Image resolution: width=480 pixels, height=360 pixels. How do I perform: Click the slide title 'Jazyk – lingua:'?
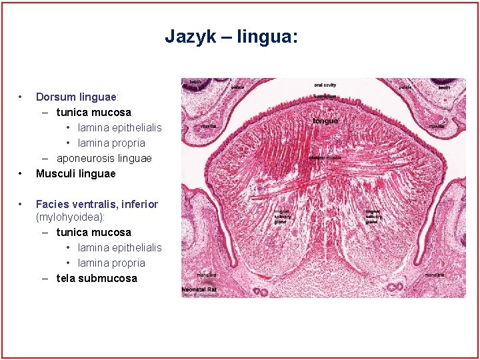tap(231, 36)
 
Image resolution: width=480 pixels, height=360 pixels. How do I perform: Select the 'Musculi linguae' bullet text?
tap(75, 173)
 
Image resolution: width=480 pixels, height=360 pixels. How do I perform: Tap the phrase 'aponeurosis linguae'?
tap(104, 158)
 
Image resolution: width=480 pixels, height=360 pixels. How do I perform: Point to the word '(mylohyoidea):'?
tap(70, 217)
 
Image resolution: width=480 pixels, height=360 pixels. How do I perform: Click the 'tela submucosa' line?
tap(97, 278)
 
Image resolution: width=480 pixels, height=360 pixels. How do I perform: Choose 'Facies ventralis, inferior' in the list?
tap(97, 204)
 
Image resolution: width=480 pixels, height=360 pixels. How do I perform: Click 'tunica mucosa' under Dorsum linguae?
tap(93, 112)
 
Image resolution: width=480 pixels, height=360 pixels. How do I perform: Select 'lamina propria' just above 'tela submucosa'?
tap(111, 263)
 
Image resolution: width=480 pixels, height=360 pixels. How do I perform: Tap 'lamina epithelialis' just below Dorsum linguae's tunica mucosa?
tap(119, 127)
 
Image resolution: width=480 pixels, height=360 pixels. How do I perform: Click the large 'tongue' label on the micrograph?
tap(325, 121)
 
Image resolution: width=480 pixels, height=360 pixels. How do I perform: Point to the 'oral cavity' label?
tap(325, 85)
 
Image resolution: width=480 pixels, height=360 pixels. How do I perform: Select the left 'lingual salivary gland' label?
tap(283, 217)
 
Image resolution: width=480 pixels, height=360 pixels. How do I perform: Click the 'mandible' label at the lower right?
tap(436, 275)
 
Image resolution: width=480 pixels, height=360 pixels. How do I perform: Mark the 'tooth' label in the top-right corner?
tap(445, 87)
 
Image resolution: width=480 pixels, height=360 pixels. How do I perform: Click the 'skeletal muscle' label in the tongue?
tap(325, 158)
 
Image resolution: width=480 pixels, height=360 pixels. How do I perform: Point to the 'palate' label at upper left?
tap(237, 87)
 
